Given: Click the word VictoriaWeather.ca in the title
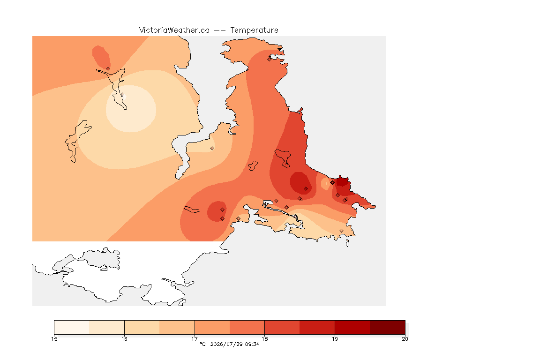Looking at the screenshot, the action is pyautogui.click(x=174, y=30).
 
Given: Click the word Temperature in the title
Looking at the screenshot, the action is pyautogui.click(x=254, y=30).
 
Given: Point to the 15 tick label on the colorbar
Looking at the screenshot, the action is pyautogui.click(x=54, y=339).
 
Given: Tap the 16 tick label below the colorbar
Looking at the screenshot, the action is pyautogui.click(x=124, y=339).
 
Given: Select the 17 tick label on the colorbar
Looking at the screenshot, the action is pyautogui.click(x=195, y=339).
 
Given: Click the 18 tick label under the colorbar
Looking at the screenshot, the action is pyautogui.click(x=264, y=339).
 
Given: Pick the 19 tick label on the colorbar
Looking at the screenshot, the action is pyautogui.click(x=335, y=339).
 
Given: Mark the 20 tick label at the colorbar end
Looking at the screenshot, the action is pyautogui.click(x=405, y=339).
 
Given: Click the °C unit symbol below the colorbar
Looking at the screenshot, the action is pyautogui.click(x=202, y=344).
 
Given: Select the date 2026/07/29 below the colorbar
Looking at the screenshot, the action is pyautogui.click(x=226, y=344).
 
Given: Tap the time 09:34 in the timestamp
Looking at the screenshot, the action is pyautogui.click(x=252, y=344).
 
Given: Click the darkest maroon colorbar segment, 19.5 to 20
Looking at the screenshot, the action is pyautogui.click(x=388, y=327).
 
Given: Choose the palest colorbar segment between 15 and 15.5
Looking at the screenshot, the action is pyautogui.click(x=72, y=327).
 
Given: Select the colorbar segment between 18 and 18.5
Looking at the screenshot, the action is pyautogui.click(x=282, y=327).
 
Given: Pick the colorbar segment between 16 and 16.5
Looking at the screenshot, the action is pyautogui.click(x=142, y=327).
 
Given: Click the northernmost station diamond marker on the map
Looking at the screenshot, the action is pyautogui.click(x=270, y=59).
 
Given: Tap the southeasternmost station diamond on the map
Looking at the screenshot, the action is pyautogui.click(x=341, y=231).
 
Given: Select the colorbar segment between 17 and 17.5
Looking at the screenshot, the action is pyautogui.click(x=212, y=327).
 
